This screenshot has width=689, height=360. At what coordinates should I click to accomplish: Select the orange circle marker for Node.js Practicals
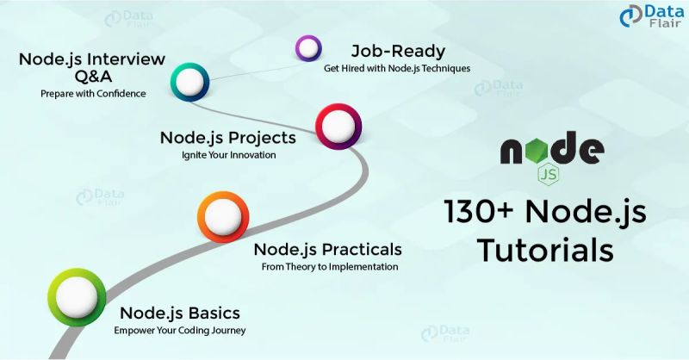click(223, 218)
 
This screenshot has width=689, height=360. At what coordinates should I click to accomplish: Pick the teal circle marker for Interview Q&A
click(190, 83)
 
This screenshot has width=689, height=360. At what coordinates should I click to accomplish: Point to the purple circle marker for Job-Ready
click(308, 48)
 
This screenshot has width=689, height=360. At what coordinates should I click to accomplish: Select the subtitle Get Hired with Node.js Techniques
click(397, 68)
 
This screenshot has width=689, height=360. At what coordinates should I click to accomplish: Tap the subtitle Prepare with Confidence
click(93, 93)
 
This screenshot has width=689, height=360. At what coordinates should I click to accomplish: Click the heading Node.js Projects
click(228, 138)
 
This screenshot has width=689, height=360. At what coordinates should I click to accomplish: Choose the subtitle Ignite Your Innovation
click(228, 156)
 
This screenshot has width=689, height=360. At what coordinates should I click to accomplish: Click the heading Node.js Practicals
click(328, 250)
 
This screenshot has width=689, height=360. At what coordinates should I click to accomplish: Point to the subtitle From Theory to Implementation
click(330, 267)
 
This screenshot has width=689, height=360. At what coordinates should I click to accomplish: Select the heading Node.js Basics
click(179, 313)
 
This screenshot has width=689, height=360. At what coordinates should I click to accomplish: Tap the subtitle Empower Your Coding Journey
click(179, 330)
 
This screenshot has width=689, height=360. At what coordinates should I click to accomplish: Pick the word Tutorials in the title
click(546, 251)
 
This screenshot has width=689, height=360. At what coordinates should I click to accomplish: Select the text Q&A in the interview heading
click(92, 74)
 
